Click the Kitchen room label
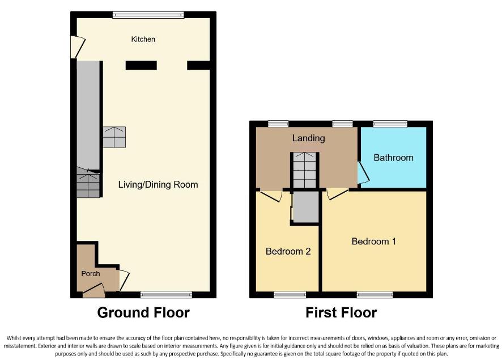click(x=143, y=39)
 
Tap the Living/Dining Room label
click(x=158, y=184)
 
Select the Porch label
click(x=90, y=273)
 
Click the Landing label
click(x=308, y=138)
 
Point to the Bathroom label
click(x=393, y=158)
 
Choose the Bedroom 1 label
click(x=373, y=242)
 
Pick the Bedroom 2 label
click(x=288, y=251)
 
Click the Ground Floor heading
click(x=143, y=312)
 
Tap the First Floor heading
click(x=341, y=312)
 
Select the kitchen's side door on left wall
click(x=77, y=47)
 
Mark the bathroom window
click(x=390, y=124)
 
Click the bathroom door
click(x=363, y=173)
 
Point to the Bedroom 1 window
click(x=375, y=294)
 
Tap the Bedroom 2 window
click(x=290, y=294)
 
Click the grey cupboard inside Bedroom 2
click(x=305, y=207)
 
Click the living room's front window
click(x=166, y=294)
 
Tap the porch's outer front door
click(x=93, y=292)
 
